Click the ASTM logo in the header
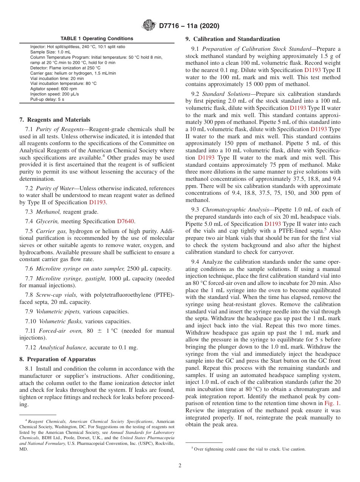click(149, 26)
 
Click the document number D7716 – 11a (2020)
click(189, 26)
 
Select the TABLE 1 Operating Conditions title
click(97, 39)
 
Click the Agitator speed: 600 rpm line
click(53, 89)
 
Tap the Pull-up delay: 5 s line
click(47, 99)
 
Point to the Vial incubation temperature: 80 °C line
click(63, 83)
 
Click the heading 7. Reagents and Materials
click(55, 120)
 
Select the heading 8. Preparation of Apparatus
click(57, 359)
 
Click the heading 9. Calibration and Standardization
click(233, 39)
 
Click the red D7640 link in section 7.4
click(126, 221)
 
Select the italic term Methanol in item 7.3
click(49, 212)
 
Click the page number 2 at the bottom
click(180, 466)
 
